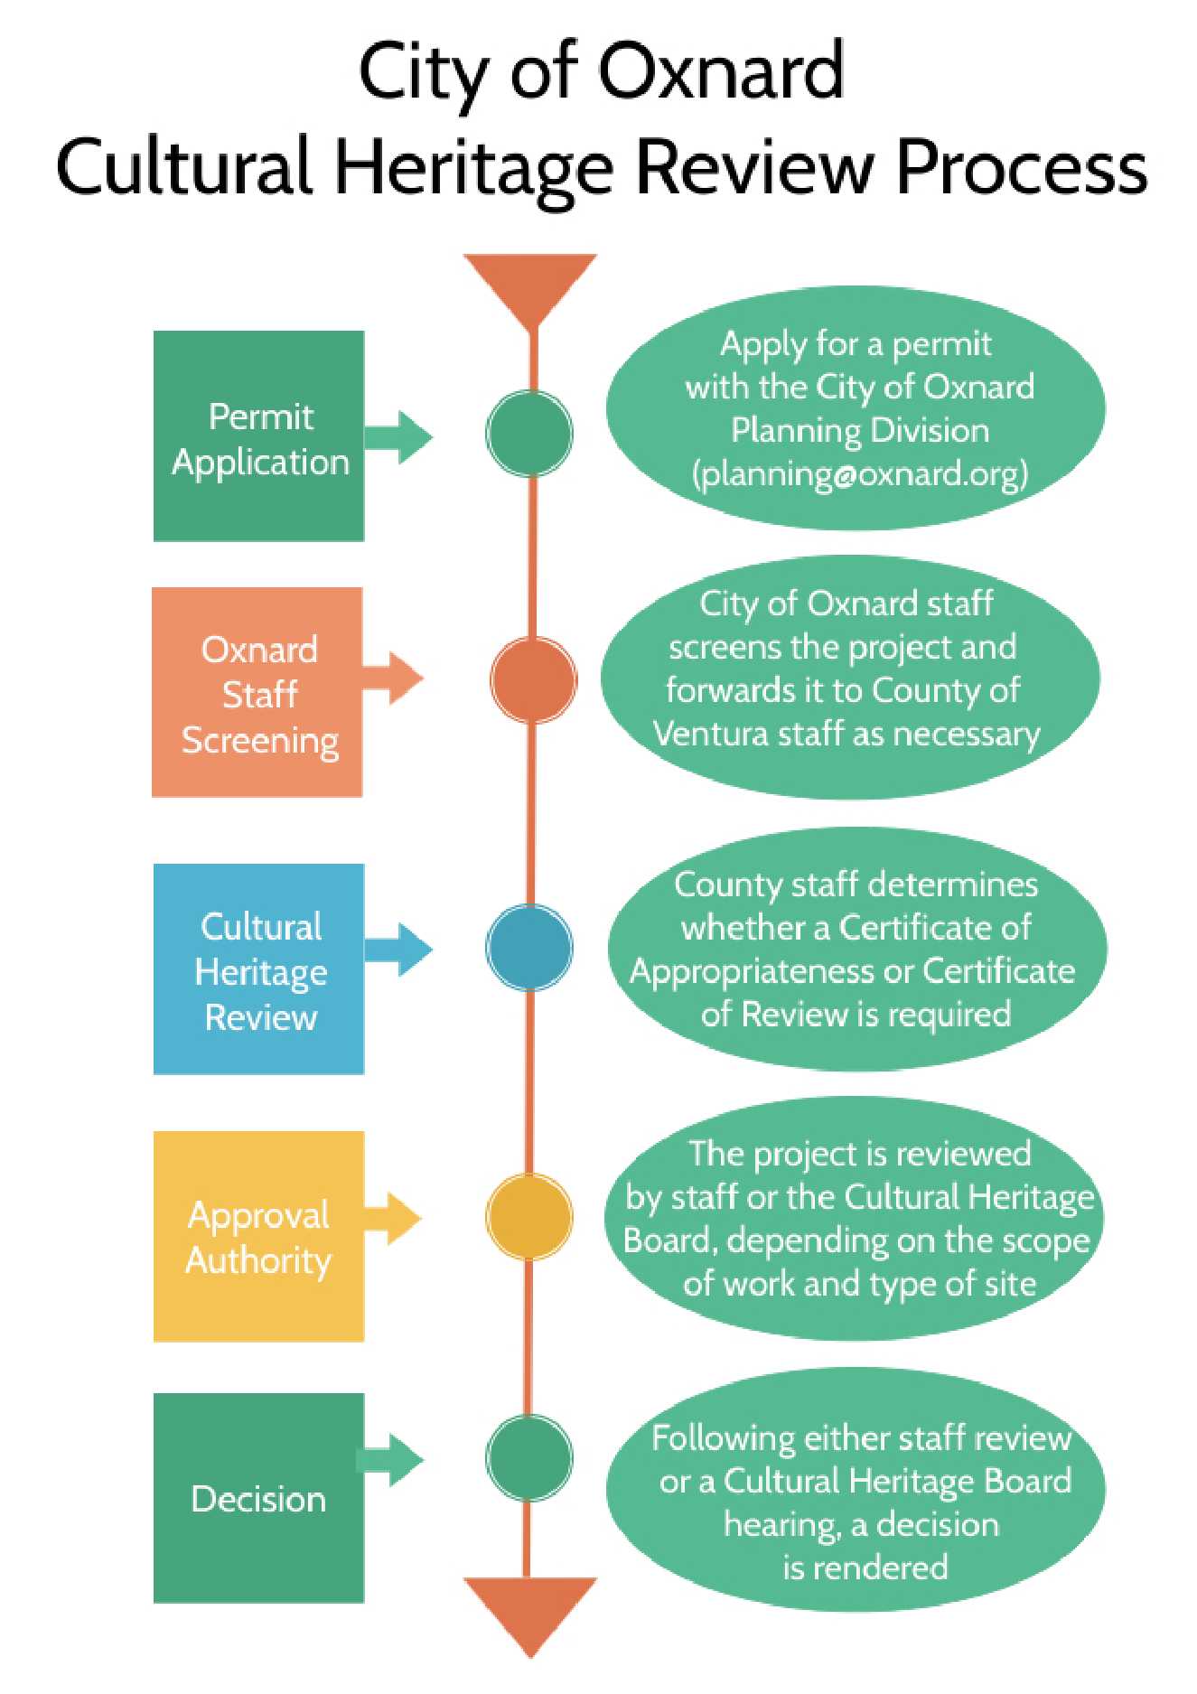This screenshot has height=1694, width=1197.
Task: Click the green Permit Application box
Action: [x=258, y=436]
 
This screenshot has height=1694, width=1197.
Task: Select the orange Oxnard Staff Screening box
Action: [x=257, y=692]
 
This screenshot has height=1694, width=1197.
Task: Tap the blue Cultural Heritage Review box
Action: [x=258, y=969]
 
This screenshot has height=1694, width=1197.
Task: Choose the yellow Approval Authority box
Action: [x=258, y=1236]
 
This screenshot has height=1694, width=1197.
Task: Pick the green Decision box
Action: [x=258, y=1498]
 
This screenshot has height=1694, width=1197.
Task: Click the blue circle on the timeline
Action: [x=529, y=948]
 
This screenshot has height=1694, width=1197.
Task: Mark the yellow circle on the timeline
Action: [x=529, y=1216]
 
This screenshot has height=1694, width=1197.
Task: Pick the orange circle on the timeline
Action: [x=533, y=679]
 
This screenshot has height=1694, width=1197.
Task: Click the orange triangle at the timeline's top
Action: [x=530, y=285]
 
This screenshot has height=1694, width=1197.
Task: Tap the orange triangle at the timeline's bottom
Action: [x=530, y=1610]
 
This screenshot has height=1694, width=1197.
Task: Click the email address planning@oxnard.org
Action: [x=860, y=473]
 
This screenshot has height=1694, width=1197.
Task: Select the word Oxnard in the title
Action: [x=721, y=72]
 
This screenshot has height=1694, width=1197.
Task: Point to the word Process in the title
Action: [x=1021, y=168]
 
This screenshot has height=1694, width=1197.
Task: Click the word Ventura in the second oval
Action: [x=710, y=734]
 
